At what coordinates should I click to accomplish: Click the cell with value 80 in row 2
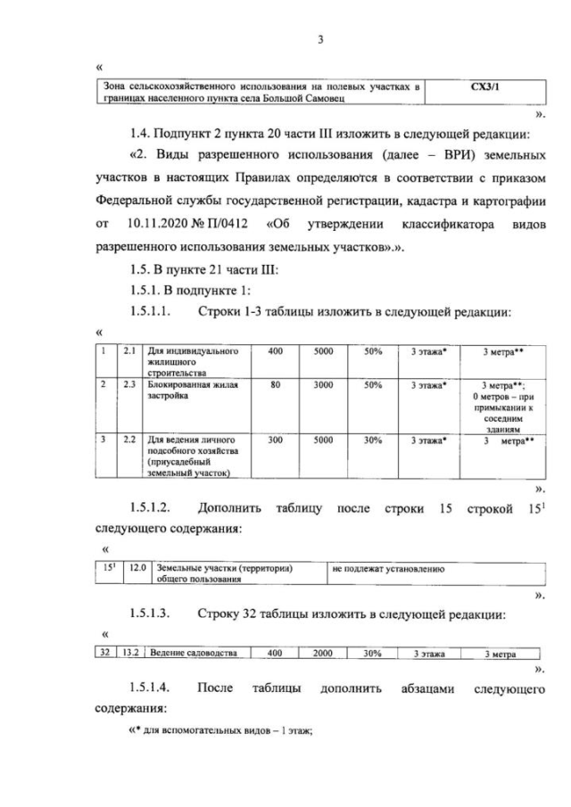click(x=275, y=385)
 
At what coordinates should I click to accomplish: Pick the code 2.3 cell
click(x=129, y=385)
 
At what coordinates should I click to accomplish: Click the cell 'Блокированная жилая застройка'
click(x=189, y=391)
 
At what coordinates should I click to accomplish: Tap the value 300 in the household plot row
click(x=275, y=440)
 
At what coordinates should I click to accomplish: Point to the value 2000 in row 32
click(x=322, y=653)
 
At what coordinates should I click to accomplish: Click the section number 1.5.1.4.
click(x=151, y=688)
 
